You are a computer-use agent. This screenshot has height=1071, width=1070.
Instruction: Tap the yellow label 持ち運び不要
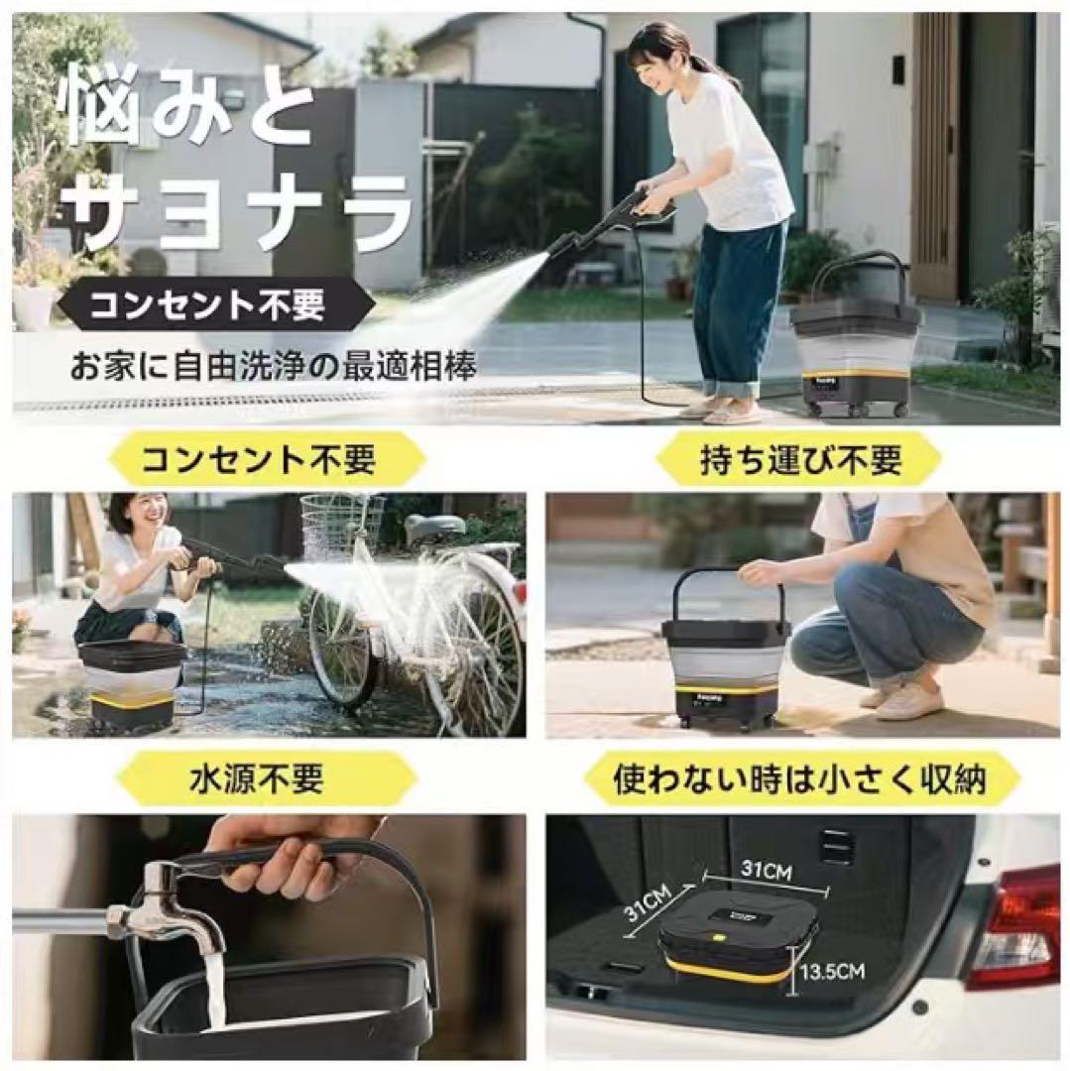point(801,460)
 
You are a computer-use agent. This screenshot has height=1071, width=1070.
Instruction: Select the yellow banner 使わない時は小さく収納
point(800,779)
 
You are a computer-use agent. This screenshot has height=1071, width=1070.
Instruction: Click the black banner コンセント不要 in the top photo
point(206,304)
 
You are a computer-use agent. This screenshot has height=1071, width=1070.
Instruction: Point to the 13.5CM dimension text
point(832,971)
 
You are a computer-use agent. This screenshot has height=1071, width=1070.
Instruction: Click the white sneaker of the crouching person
point(907,700)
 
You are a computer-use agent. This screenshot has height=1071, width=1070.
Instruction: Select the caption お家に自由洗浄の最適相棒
point(273,367)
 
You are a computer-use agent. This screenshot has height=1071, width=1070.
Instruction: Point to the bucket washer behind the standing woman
point(855,332)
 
